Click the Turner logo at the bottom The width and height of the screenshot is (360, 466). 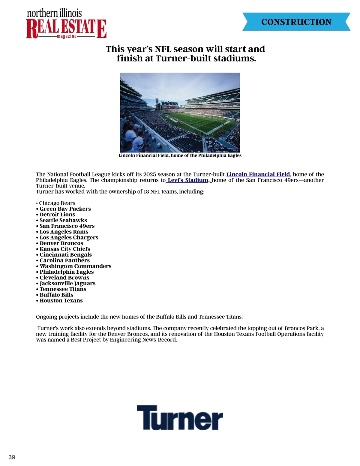pyautogui.click(x=180, y=418)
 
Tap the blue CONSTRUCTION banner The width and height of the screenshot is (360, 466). pyautogui.click(x=296, y=22)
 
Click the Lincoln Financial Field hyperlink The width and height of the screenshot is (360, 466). pyautogui.click(x=258, y=174)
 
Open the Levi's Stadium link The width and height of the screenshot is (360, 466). pyautogui.click(x=188, y=180)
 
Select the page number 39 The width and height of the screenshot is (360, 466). pyautogui.click(x=12, y=457)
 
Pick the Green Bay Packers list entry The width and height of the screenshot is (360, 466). pyautogui.click(x=65, y=209)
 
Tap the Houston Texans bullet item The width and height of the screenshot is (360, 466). pyautogui.click(x=61, y=301)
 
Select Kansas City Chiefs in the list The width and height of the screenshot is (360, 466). pyautogui.click(x=65, y=249)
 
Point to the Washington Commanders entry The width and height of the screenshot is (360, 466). pyautogui.click(x=75, y=266)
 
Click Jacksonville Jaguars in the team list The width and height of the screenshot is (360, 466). pyautogui.click(x=67, y=283)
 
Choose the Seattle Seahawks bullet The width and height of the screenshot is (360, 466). pyautogui.click(x=63, y=220)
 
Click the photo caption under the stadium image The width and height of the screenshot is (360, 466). pyautogui.click(x=180, y=155)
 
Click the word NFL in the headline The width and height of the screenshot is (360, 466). pyautogui.click(x=163, y=49)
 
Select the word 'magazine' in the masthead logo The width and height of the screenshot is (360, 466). pyautogui.click(x=67, y=36)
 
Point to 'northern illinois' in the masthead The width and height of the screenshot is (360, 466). pyautogui.click(x=54, y=14)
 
